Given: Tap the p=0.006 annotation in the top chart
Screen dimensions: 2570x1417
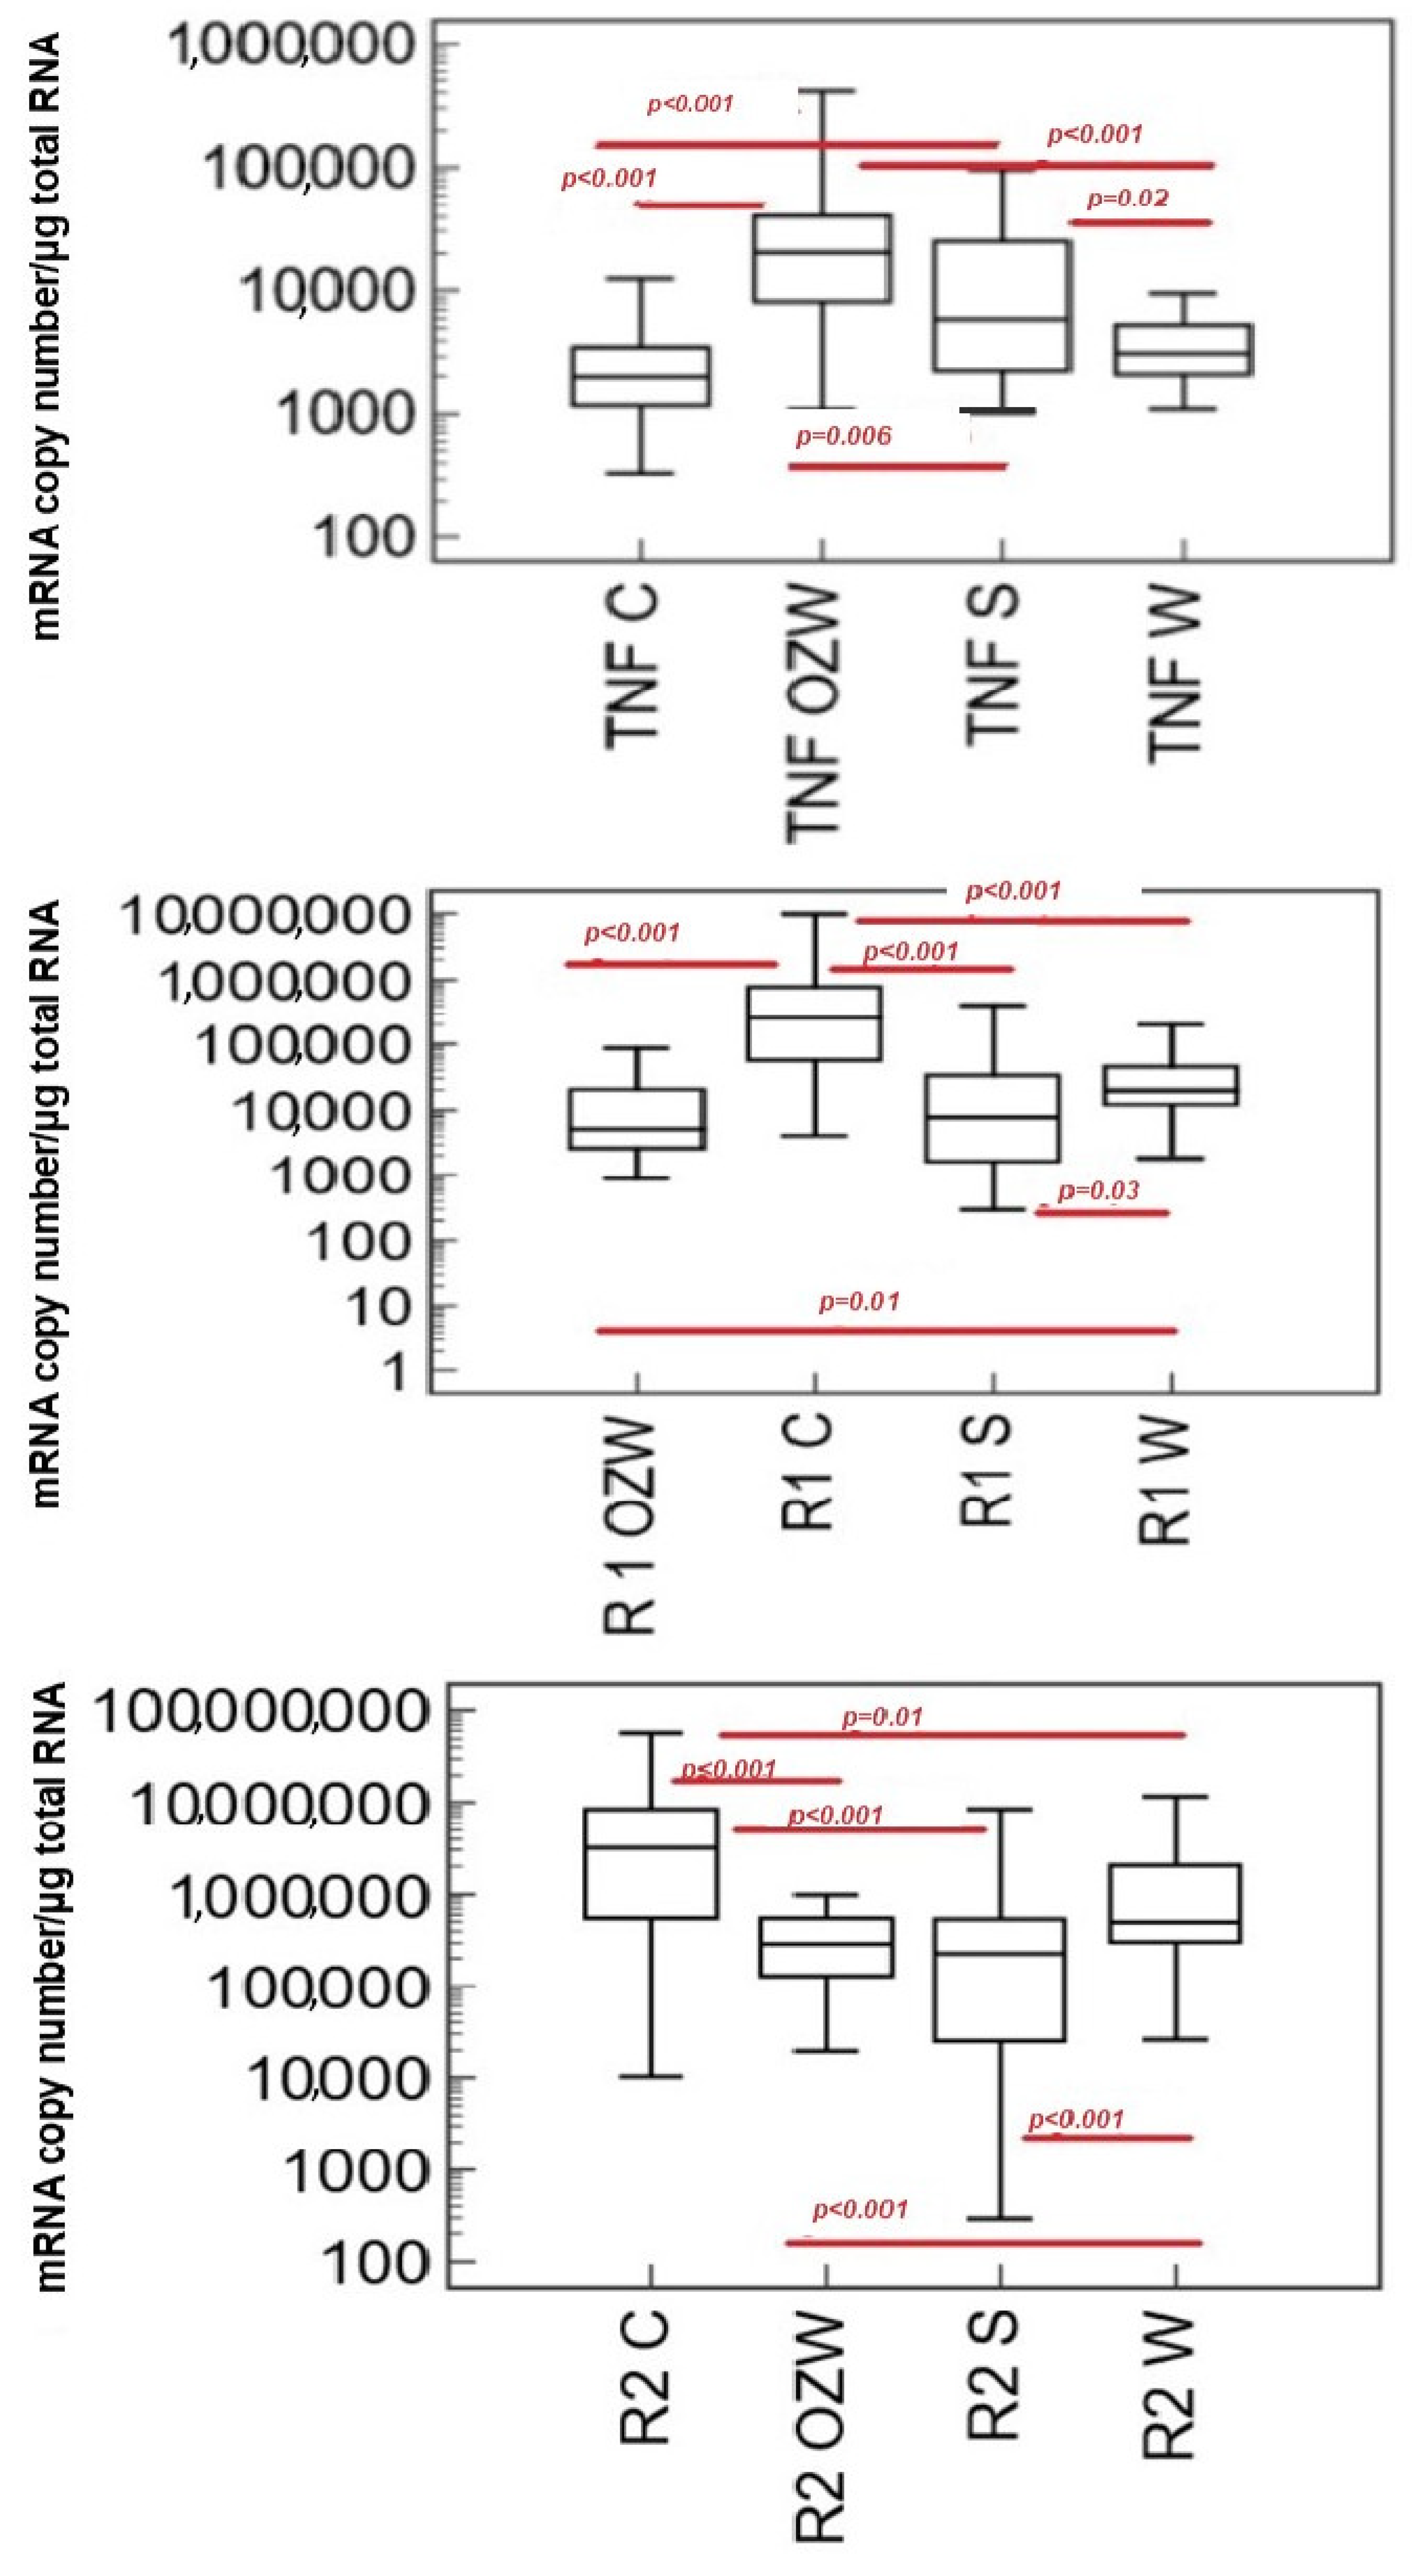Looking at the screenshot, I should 843,436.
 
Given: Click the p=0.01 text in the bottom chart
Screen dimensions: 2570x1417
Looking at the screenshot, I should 883,1718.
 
